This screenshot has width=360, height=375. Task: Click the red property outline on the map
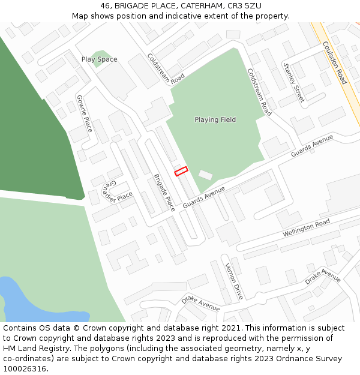tap(181, 172)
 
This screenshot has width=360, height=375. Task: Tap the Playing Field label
tap(215, 120)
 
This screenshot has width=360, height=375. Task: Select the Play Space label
tap(100, 59)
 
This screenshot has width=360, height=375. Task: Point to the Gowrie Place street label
tap(85, 113)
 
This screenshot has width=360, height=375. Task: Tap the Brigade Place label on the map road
tap(164, 193)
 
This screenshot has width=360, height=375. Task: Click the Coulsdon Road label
tap(334, 62)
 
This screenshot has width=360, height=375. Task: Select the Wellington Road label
tap(306, 227)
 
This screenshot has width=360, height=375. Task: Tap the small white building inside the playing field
tap(206, 175)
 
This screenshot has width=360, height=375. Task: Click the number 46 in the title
tap(106, 5)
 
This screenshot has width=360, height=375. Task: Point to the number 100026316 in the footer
tap(25, 369)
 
